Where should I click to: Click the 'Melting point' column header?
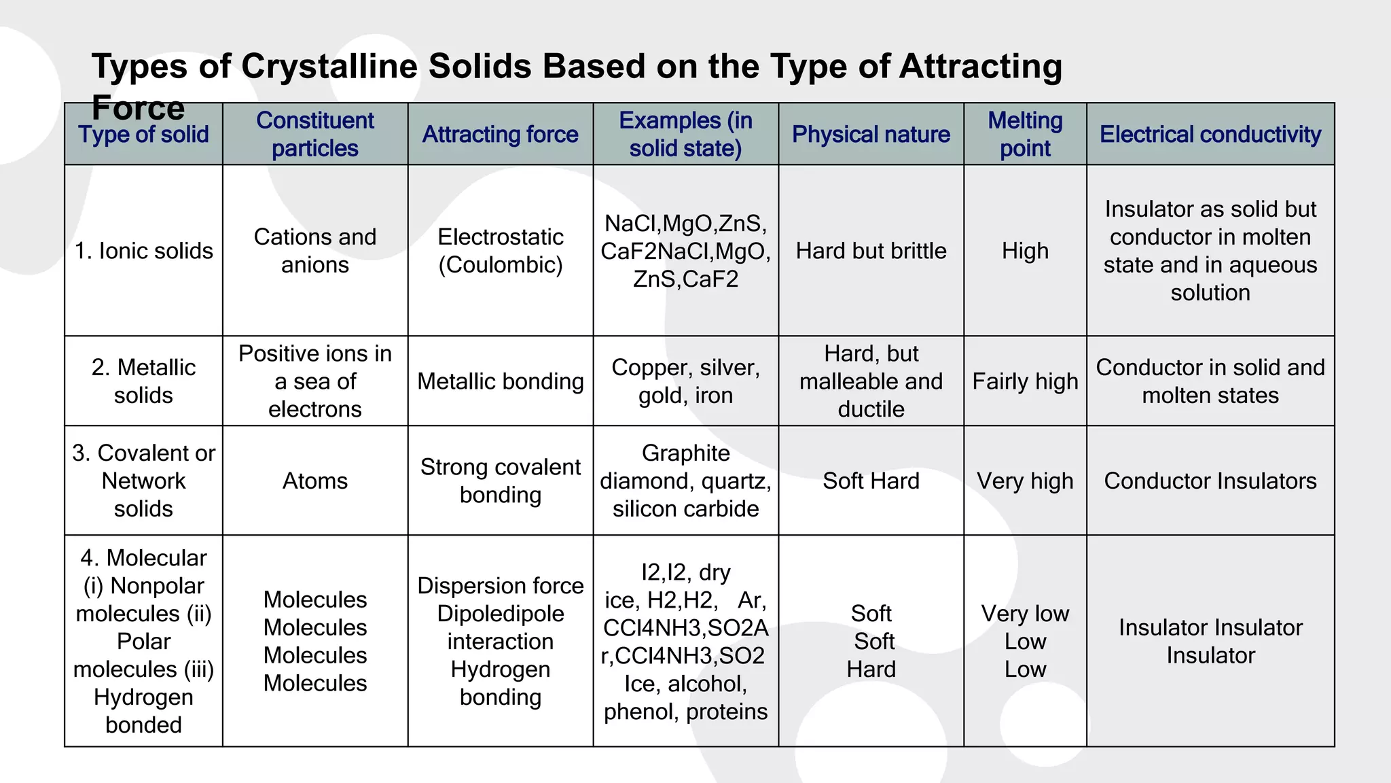[1025, 134]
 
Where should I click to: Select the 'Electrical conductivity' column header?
[1210, 134]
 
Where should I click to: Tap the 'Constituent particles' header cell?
[315, 134]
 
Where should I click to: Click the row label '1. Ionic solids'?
[143, 251]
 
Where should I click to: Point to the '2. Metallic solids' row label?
[143, 381]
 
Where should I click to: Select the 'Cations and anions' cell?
[315, 251]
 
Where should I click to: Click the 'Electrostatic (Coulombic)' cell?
[501, 251]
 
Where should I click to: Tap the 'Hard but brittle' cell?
[871, 251]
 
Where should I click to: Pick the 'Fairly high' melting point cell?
[1025, 381]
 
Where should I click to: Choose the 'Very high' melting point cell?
[1025, 481]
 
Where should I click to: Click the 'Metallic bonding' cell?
[501, 381]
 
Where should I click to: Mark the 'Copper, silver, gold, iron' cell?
[685, 381]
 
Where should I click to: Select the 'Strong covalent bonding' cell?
[501, 481]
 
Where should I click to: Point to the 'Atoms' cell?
[315, 481]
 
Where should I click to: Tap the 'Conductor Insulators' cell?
[1210, 481]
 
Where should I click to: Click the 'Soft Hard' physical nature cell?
[871, 481]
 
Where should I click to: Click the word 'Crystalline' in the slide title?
[329, 67]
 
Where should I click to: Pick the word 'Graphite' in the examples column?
[685, 453]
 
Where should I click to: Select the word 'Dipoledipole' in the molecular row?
[501, 614]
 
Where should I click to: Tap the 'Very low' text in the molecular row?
[1025, 614]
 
